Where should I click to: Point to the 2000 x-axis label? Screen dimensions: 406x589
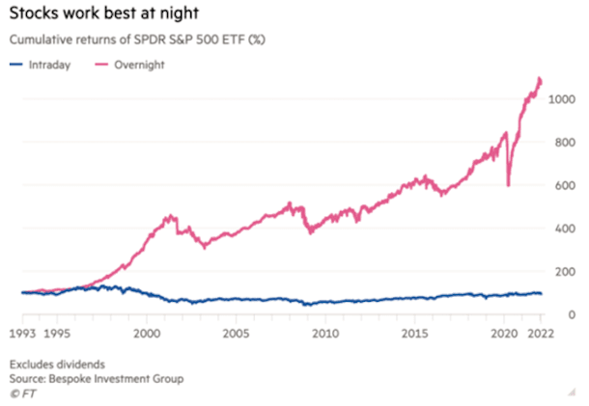click(x=146, y=334)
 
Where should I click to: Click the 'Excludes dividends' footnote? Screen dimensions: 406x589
click(x=59, y=365)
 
